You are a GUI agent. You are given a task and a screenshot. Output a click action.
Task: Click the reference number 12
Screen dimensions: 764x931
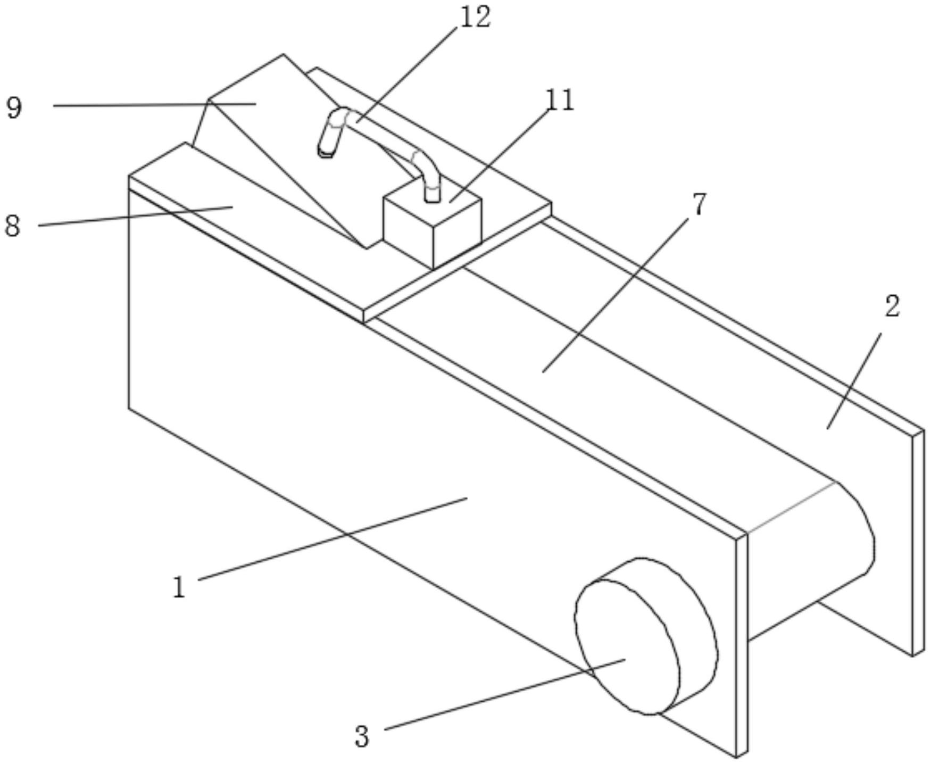[x=475, y=17]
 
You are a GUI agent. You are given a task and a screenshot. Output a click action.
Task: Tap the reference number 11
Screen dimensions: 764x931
[x=560, y=100]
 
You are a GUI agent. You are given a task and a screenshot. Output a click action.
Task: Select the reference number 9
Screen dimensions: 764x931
[x=14, y=107]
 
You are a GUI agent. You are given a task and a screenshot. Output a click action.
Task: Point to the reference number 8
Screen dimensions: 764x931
[x=12, y=226]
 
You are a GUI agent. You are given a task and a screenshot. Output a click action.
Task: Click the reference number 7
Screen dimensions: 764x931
[x=699, y=204]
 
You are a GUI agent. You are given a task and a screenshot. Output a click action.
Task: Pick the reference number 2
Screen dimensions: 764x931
[x=892, y=306]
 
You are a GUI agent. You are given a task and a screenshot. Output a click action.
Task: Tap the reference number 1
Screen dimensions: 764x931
[x=179, y=587]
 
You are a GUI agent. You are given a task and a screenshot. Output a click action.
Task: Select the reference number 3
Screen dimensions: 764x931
[x=362, y=737]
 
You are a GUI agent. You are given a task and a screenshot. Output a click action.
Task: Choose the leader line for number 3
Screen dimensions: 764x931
[x=505, y=694]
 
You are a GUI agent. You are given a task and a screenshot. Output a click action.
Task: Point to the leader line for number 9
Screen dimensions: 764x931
[x=154, y=105]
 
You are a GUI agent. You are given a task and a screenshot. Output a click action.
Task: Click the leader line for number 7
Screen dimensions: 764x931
[x=622, y=287]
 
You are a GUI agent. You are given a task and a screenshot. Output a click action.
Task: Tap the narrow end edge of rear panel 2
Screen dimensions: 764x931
[x=918, y=543]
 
